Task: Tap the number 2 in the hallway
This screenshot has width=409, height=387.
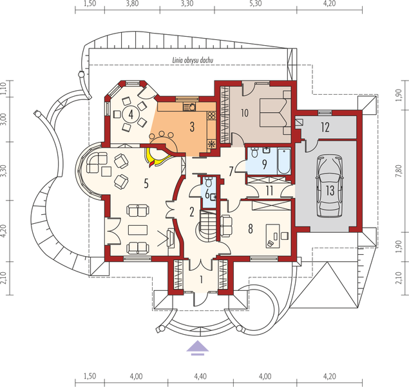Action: [192, 211]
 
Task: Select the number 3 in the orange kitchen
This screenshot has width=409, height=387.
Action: [192, 126]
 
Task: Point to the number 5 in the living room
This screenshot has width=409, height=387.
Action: [147, 184]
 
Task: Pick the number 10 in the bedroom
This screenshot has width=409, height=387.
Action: [245, 112]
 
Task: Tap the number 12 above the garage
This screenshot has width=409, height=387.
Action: [325, 127]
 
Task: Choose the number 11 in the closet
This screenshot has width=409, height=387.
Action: [271, 190]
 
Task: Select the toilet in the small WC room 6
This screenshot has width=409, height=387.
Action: [208, 181]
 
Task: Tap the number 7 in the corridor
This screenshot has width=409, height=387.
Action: [231, 171]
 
